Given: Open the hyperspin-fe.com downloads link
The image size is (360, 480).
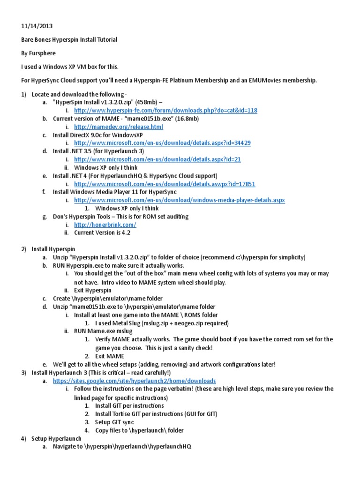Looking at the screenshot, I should tap(165, 111).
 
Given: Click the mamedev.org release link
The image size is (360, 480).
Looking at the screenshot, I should tap(119, 127).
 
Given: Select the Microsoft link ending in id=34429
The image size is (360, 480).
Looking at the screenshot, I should tap(162, 143).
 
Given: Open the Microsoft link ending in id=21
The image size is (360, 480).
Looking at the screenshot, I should tap(157, 159).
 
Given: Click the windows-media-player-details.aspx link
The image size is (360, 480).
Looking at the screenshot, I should tap(180, 200).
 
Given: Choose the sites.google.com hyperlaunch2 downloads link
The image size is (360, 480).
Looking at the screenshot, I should tap(135, 381).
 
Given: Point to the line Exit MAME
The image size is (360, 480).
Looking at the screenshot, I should tap(111, 356).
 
